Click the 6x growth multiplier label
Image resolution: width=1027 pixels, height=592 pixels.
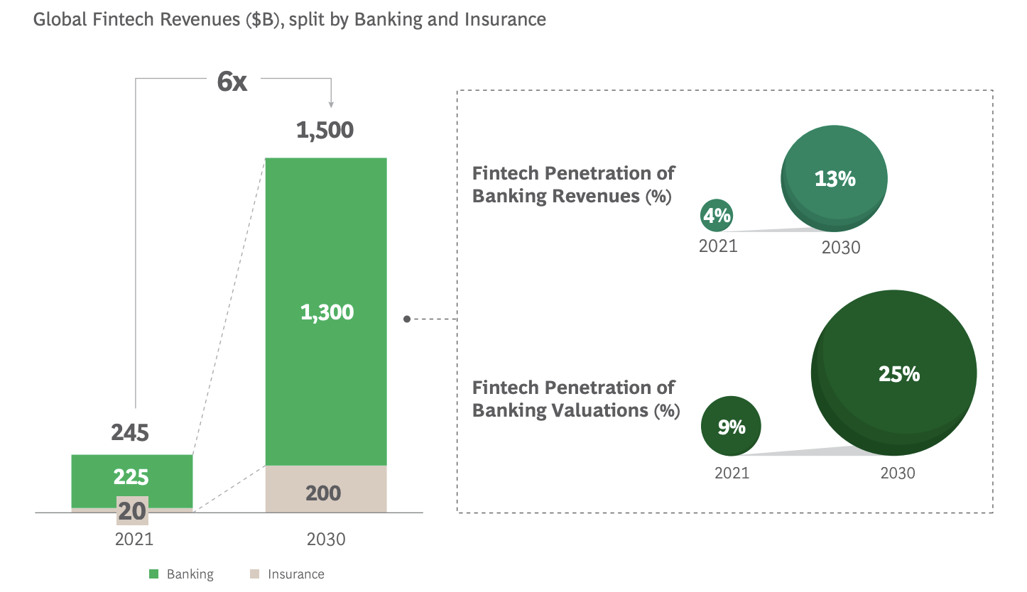click(232, 82)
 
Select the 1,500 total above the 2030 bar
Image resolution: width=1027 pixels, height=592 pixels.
click(325, 130)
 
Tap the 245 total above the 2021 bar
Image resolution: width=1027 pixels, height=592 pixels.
click(130, 432)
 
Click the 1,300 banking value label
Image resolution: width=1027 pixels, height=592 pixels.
click(327, 312)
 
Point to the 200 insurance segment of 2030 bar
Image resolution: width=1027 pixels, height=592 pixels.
click(326, 489)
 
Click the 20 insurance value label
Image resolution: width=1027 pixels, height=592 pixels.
click(132, 511)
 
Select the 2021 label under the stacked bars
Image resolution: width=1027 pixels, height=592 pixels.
click(134, 539)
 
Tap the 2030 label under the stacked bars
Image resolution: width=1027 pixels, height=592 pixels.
click(326, 539)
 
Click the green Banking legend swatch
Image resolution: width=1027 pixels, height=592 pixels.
click(154, 574)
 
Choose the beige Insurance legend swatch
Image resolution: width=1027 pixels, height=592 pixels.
click(254, 574)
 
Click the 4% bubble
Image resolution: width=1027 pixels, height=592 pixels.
click(717, 215)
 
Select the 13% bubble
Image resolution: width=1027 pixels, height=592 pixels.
click(834, 178)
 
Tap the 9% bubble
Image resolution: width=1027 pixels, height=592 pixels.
click(731, 426)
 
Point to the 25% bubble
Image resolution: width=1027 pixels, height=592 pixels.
click(894, 373)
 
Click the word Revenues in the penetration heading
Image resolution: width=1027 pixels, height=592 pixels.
click(596, 196)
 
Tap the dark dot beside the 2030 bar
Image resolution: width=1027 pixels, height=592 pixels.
click(407, 319)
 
